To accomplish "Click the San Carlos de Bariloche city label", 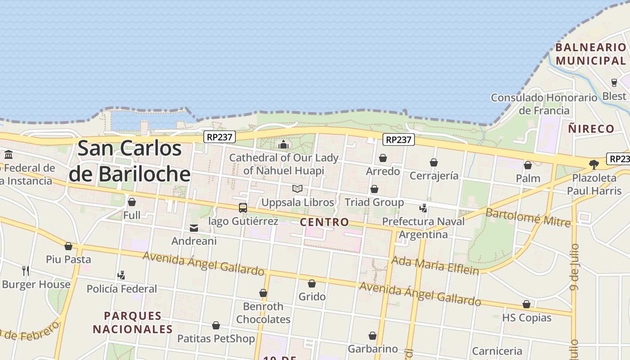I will [130, 161].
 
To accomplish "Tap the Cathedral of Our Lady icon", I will [283, 144].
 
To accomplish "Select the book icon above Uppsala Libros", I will [297, 189].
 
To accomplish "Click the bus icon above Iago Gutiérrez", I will [243, 207].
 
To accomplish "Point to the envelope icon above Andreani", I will [194, 228].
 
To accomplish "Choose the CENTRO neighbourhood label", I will [324, 222].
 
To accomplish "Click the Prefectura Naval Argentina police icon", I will [423, 208].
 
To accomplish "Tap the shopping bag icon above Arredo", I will [383, 158].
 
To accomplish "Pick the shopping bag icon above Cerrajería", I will [434, 162].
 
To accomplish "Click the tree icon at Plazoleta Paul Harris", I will [594, 165].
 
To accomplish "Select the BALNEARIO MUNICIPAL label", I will [590, 54].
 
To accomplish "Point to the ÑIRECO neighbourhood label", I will [591, 129].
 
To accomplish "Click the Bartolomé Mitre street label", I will [528, 217].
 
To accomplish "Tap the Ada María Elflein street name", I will [435, 265].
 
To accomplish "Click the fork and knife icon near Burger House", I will [26, 270].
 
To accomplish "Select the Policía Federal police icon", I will [121, 275].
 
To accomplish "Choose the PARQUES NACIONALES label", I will [133, 322].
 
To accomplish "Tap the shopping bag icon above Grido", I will [311, 283].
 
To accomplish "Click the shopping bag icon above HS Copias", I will [526, 305].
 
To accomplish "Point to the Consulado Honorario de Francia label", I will [544, 104].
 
